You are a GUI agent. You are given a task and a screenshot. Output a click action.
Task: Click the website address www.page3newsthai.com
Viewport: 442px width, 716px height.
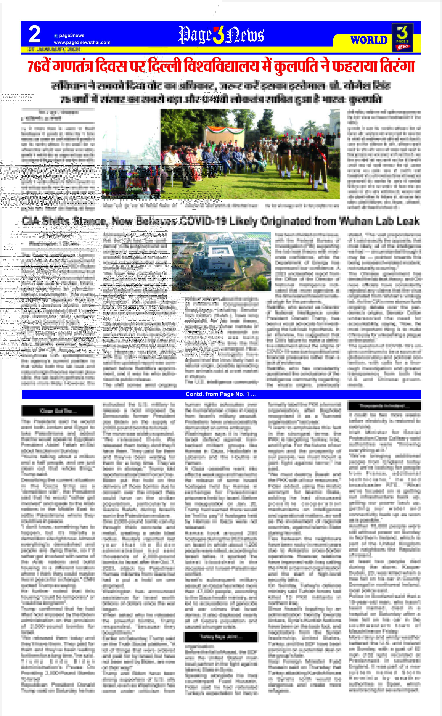(x=82, y=42)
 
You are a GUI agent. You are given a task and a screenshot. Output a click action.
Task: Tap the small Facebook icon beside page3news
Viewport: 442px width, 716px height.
(x=56, y=36)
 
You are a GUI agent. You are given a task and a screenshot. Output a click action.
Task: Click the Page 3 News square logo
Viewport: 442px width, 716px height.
(x=402, y=37)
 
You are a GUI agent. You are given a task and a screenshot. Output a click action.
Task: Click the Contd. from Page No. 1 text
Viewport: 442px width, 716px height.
(x=221, y=394)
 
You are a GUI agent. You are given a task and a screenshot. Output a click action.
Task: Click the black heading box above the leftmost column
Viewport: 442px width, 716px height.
(x=58, y=411)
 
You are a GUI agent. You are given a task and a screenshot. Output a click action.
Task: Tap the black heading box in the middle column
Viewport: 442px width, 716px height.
(x=221, y=637)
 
